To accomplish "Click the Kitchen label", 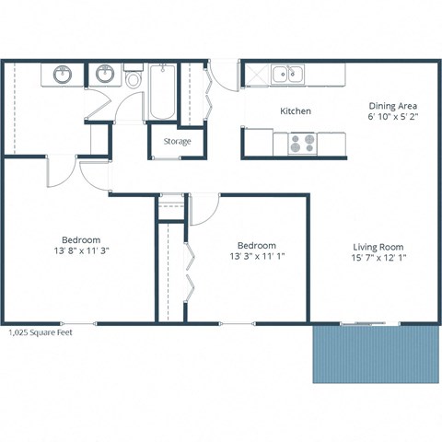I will (296, 111).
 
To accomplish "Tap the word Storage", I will (177, 142).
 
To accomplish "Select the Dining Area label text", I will (387, 105).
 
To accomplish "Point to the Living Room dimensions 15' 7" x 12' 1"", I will (378, 259).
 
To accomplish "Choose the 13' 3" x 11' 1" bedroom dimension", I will (257, 258).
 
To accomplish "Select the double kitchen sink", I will (286, 73).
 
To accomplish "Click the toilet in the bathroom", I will (134, 79).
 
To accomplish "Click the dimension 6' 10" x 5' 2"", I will (387, 118).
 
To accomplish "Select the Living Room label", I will (378, 247).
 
